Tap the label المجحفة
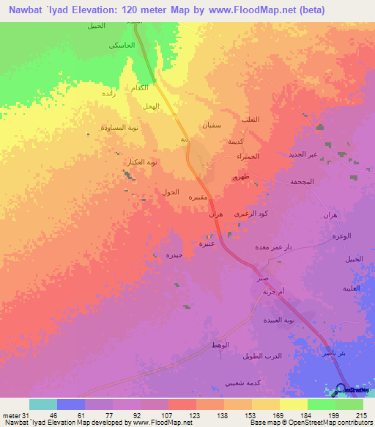(302, 181)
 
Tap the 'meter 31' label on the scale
(15, 415)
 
